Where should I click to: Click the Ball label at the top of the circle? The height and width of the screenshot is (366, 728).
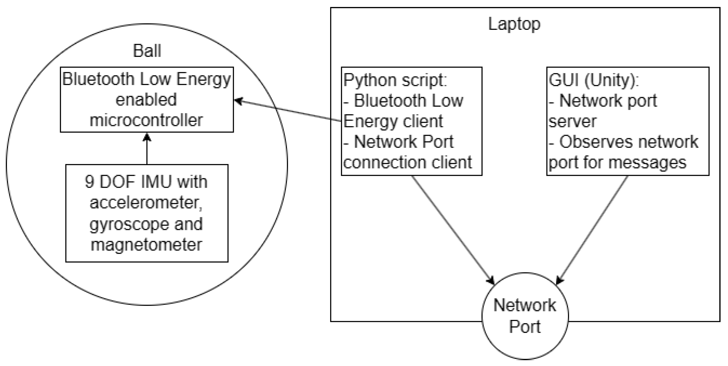[147, 51]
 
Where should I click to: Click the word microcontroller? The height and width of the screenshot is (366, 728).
[146, 120]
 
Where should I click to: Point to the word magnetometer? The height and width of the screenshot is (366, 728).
[146, 245]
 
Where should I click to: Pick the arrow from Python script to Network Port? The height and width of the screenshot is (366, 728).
[452, 229]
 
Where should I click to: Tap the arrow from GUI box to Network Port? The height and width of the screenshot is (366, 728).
[592, 229]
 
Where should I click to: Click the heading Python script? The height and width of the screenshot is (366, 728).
[395, 80]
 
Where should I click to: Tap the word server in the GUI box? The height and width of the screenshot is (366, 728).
[573, 121]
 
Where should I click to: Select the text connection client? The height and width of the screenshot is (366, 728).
[407, 162]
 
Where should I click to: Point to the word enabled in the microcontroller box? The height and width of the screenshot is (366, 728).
[146, 100]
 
